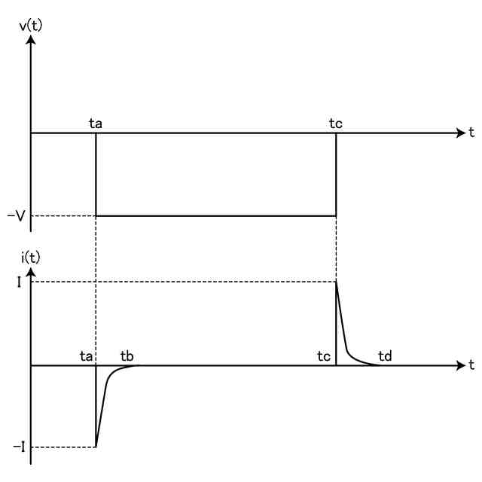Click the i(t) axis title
[x=30, y=258]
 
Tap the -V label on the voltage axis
[x=17, y=216]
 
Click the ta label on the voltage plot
[x=96, y=124]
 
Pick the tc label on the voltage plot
[x=336, y=124]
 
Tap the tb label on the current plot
[x=127, y=355]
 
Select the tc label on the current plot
[x=325, y=355]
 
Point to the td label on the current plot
[x=384, y=355]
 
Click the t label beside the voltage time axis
[x=471, y=133]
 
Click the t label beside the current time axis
[x=471, y=365]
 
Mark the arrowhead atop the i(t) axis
[x=31, y=271]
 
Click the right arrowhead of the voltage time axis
[x=461, y=133]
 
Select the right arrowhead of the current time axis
[x=461, y=366]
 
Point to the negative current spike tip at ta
[x=96, y=447]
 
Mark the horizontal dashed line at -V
[x=63, y=216]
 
